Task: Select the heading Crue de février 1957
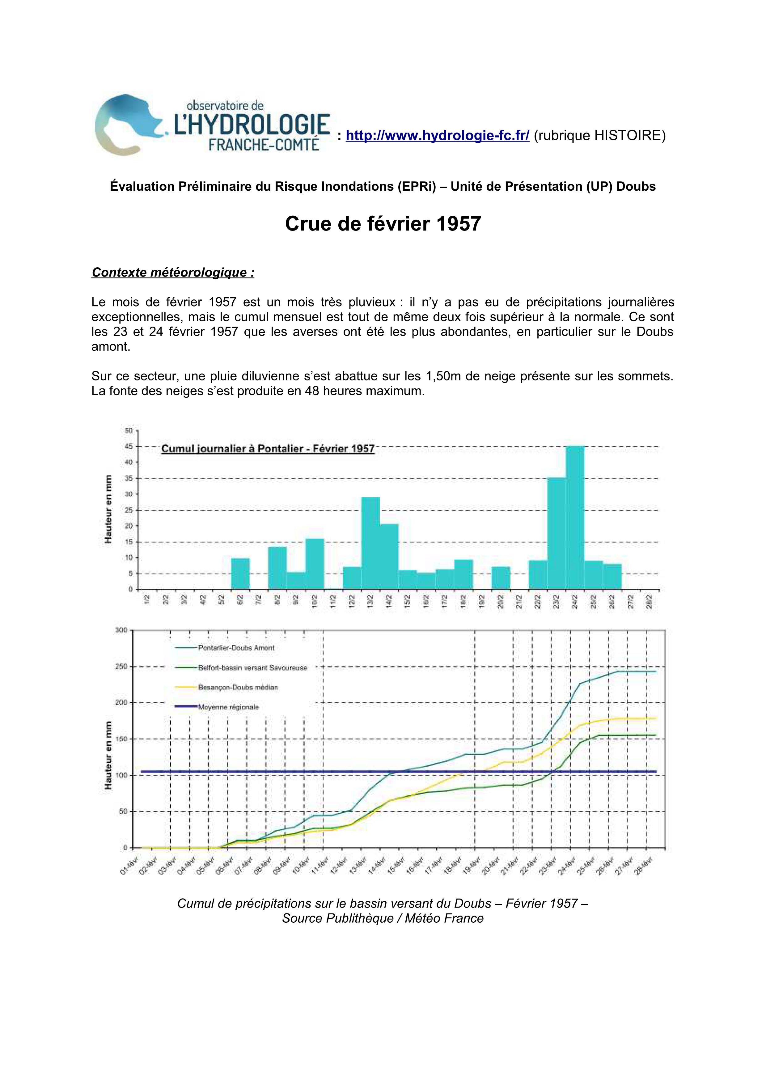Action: point(383,224)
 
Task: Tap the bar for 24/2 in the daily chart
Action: point(575,518)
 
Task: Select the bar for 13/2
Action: point(370,543)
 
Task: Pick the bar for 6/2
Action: point(240,574)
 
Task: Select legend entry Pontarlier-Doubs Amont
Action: point(236,648)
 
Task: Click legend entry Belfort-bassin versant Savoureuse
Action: point(252,667)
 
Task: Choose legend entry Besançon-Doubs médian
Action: point(238,688)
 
